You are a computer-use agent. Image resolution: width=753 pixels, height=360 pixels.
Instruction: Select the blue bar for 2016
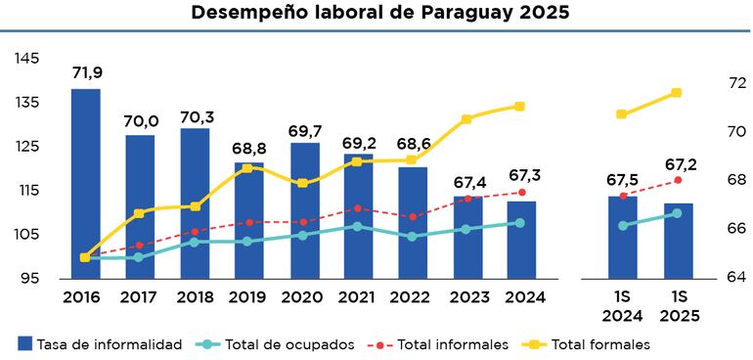[85, 183]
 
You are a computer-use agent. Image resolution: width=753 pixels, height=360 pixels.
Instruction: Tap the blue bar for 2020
[305, 209]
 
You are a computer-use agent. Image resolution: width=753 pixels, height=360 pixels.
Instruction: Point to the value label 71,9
[87, 72]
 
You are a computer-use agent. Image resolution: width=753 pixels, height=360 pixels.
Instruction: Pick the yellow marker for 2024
[519, 107]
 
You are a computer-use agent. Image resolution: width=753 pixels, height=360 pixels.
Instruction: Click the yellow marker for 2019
[247, 168]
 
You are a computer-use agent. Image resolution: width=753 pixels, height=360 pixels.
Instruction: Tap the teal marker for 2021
[357, 226]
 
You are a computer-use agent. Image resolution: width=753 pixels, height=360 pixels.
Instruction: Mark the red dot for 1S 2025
[678, 180]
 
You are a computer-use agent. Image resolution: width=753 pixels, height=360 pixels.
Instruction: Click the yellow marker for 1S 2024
[622, 114]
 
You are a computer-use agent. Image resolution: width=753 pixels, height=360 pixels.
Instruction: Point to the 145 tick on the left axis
[27, 59]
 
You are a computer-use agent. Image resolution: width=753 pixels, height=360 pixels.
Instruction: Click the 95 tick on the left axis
[30, 279]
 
